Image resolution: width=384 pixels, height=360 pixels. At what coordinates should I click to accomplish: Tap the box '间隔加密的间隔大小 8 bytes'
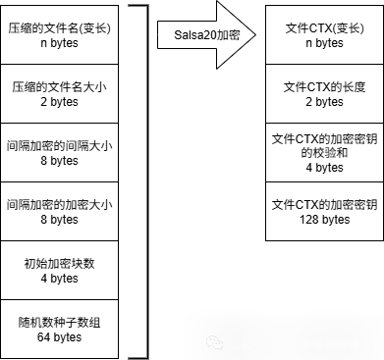58,153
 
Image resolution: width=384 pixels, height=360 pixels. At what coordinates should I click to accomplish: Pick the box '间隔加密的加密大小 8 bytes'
58,212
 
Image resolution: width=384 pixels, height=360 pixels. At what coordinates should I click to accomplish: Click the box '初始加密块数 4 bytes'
58,271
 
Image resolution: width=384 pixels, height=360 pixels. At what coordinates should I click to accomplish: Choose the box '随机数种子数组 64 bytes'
58,330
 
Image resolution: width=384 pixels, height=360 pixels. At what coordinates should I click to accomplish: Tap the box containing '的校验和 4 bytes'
325,153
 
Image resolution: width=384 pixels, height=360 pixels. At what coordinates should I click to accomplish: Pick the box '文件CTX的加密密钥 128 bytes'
325,212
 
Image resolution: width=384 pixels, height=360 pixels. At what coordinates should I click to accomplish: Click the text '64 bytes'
58,337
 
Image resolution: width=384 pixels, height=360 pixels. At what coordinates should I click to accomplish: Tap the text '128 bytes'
325,220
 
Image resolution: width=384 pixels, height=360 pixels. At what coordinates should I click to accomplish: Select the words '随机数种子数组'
58,322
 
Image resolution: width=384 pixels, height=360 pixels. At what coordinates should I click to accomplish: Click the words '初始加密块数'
58,263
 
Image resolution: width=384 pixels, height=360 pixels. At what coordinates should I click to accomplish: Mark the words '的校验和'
325,153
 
